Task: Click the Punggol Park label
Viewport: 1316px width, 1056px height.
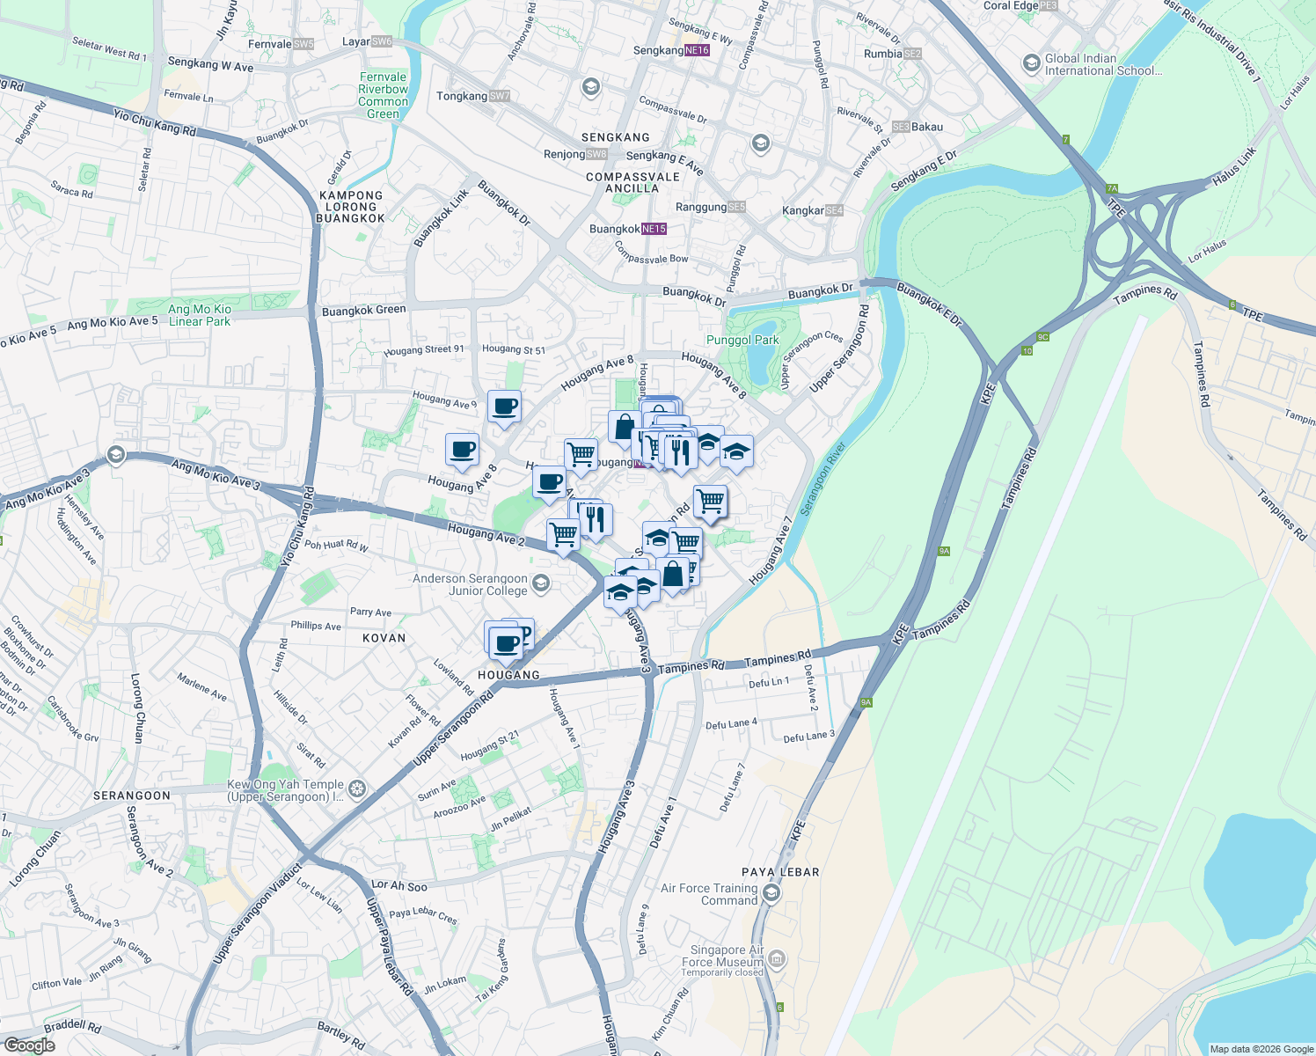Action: [x=742, y=340]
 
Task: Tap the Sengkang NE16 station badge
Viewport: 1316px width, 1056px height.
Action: [x=697, y=50]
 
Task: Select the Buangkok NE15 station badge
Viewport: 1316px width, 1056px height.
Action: [x=654, y=229]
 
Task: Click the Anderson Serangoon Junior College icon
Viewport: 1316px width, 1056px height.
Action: [x=541, y=583]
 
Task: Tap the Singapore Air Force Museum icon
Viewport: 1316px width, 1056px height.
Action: [x=777, y=958]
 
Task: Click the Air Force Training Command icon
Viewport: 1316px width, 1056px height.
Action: [x=771, y=894]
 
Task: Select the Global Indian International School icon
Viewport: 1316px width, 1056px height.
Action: [x=1031, y=63]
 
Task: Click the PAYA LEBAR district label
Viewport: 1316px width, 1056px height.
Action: [x=780, y=872]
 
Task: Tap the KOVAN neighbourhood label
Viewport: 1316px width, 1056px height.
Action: [x=384, y=638]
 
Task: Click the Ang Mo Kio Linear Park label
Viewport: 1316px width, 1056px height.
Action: [x=200, y=315]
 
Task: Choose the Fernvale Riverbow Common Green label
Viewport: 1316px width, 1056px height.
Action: [x=383, y=95]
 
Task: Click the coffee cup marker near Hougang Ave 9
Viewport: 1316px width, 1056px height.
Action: [x=504, y=407]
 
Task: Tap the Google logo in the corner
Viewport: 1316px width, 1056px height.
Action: [x=29, y=1045]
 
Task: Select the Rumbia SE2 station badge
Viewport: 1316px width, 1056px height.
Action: [x=913, y=54]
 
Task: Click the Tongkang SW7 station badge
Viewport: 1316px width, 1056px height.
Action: [x=499, y=96]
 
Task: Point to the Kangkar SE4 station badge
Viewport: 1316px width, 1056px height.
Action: [x=834, y=210]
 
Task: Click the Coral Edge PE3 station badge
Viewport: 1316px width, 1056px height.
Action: [x=1049, y=5]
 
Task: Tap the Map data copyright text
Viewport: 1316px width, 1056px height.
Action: [x=1261, y=1049]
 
